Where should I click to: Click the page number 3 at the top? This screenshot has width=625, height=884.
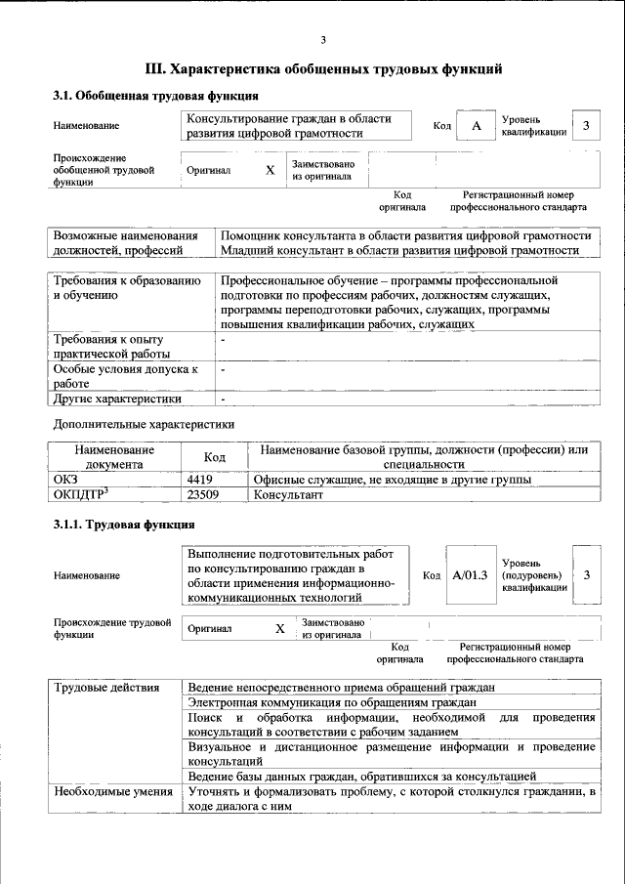[323, 40]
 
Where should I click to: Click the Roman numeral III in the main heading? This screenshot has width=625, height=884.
[155, 69]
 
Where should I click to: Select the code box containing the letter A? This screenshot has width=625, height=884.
[476, 127]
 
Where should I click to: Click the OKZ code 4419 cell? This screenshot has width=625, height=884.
[200, 481]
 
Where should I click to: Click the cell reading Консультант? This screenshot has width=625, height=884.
[288, 495]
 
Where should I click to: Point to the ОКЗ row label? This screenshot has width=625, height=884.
[64, 481]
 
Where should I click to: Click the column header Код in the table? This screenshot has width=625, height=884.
[214, 457]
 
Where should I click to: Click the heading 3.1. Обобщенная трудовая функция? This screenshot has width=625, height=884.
[155, 96]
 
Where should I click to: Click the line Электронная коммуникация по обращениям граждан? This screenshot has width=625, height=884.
[332, 702]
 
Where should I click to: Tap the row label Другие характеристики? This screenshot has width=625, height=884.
[118, 399]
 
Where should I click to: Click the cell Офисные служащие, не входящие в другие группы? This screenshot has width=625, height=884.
[392, 481]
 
